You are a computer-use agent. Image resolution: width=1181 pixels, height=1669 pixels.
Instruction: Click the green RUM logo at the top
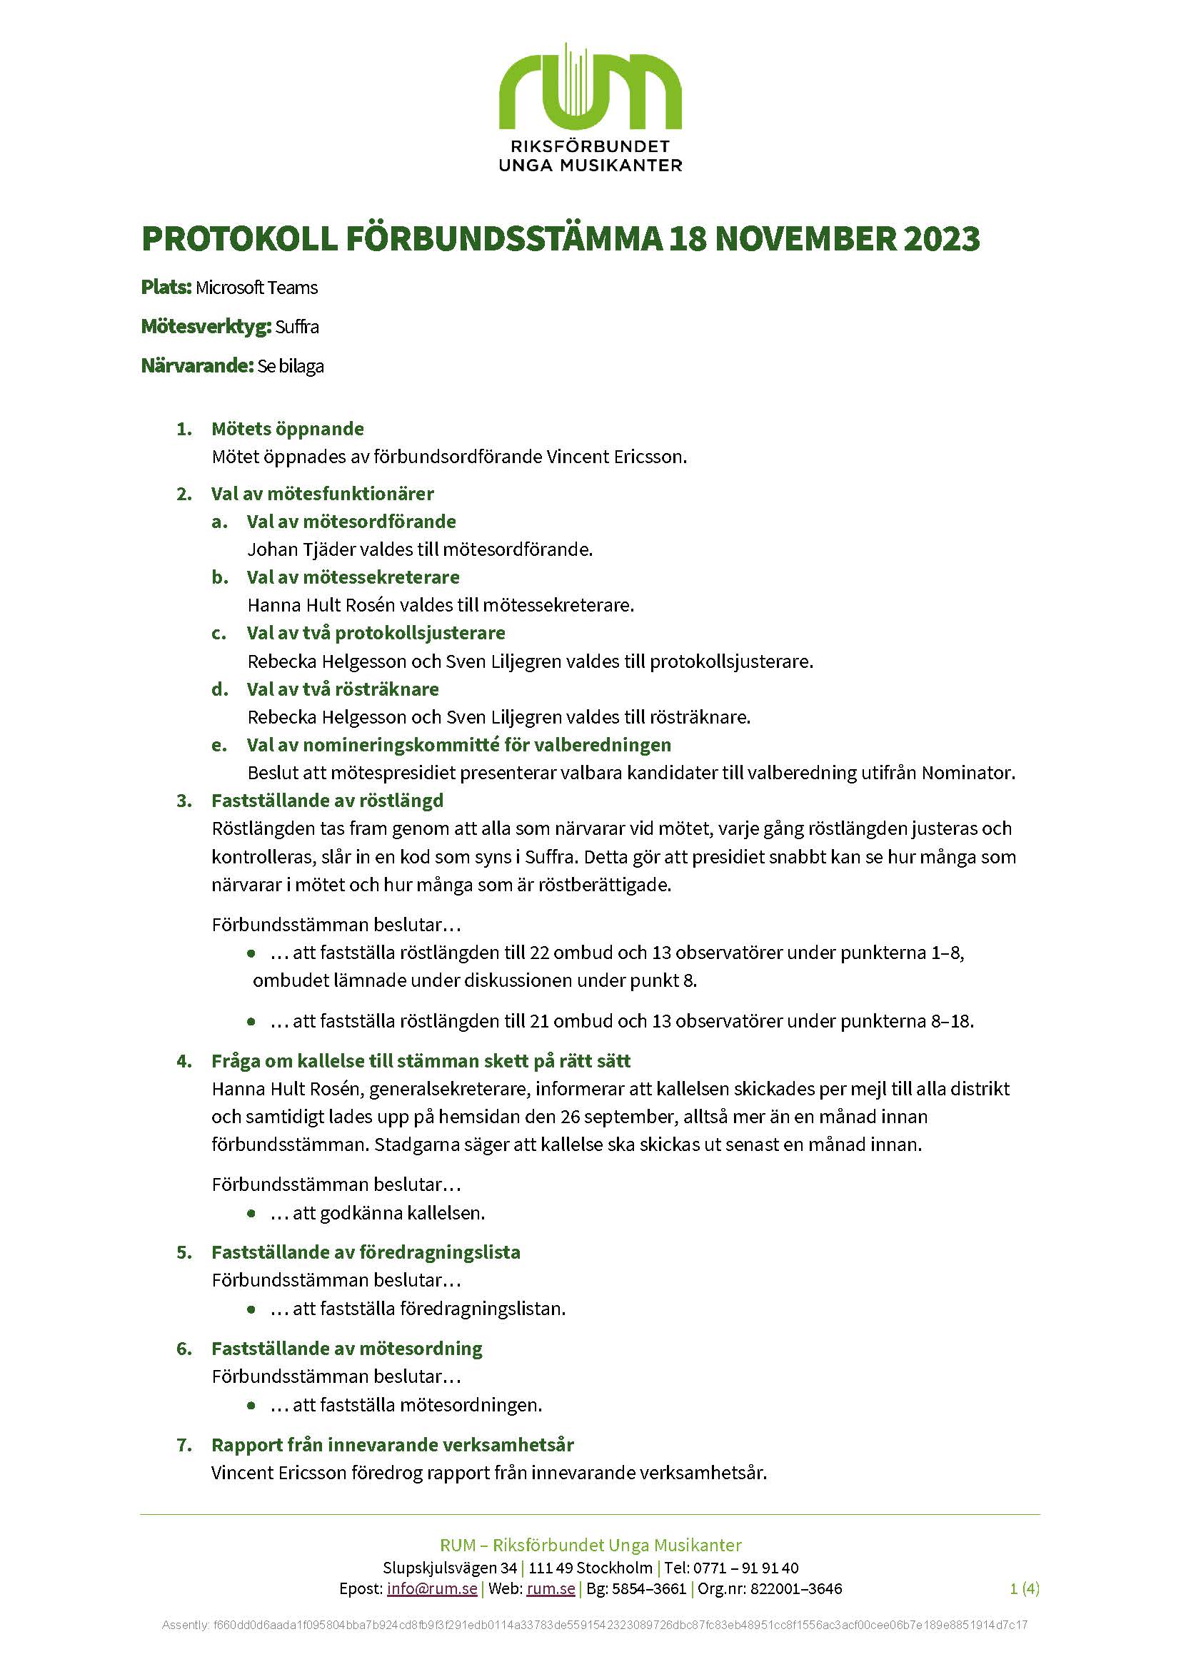590,87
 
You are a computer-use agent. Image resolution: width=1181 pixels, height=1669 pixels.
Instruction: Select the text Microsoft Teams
257,288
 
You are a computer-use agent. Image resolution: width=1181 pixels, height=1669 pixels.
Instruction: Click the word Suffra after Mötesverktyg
297,327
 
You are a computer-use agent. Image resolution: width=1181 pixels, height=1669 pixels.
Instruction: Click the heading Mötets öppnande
287,429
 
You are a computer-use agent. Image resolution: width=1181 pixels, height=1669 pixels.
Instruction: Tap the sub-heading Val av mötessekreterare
353,577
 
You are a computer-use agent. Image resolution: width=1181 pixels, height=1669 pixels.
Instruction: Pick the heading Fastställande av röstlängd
327,801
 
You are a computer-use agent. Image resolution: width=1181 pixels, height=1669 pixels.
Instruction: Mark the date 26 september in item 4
620,1117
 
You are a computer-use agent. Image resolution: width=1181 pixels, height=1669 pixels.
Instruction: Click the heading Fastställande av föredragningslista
366,1252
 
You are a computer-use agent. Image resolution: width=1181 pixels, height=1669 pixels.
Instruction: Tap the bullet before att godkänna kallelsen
251,1213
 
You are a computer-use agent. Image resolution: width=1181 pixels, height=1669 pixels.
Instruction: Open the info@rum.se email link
432,1588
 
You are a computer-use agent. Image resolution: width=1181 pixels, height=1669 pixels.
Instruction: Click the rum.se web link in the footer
551,1588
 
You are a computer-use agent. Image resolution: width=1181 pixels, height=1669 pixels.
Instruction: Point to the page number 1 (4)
1024,1588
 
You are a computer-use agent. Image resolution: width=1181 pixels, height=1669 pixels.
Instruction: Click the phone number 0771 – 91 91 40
745,1568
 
